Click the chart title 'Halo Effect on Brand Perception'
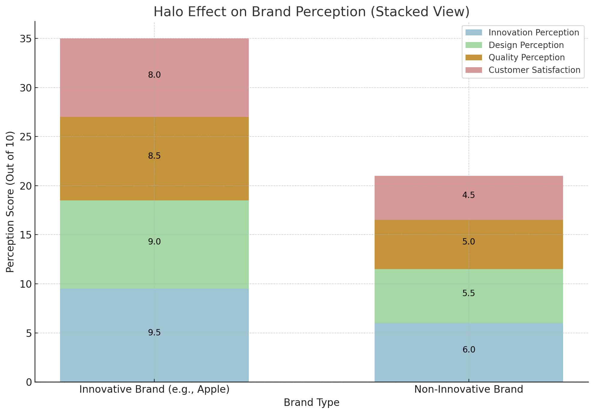click(x=311, y=12)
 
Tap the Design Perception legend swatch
click(x=474, y=45)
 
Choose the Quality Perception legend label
click(x=526, y=57)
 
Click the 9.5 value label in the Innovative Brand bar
click(x=154, y=333)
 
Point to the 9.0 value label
click(x=154, y=242)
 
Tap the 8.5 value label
click(x=154, y=156)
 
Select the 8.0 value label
click(x=154, y=75)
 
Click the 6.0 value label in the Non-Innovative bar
click(x=469, y=350)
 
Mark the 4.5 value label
click(x=469, y=195)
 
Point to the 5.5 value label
click(x=469, y=293)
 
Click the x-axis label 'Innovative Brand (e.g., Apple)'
click(x=154, y=389)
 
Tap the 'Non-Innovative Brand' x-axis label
click(x=469, y=389)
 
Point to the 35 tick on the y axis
click(x=26, y=39)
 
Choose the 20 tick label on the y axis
click(x=26, y=186)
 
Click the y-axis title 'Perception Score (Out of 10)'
click(x=10, y=202)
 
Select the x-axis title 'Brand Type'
click(x=311, y=403)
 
